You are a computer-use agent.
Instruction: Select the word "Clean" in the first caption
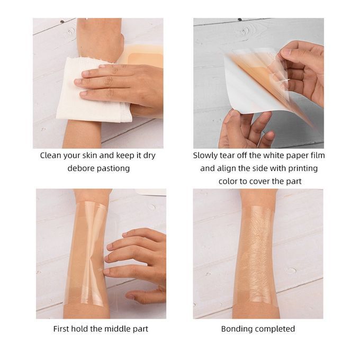coord(50,156)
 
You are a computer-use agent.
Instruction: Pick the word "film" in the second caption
coord(318,156)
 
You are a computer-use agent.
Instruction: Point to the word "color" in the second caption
coord(228,182)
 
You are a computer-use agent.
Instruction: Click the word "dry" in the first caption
coord(149,156)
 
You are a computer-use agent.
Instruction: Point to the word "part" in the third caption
coord(140,329)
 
